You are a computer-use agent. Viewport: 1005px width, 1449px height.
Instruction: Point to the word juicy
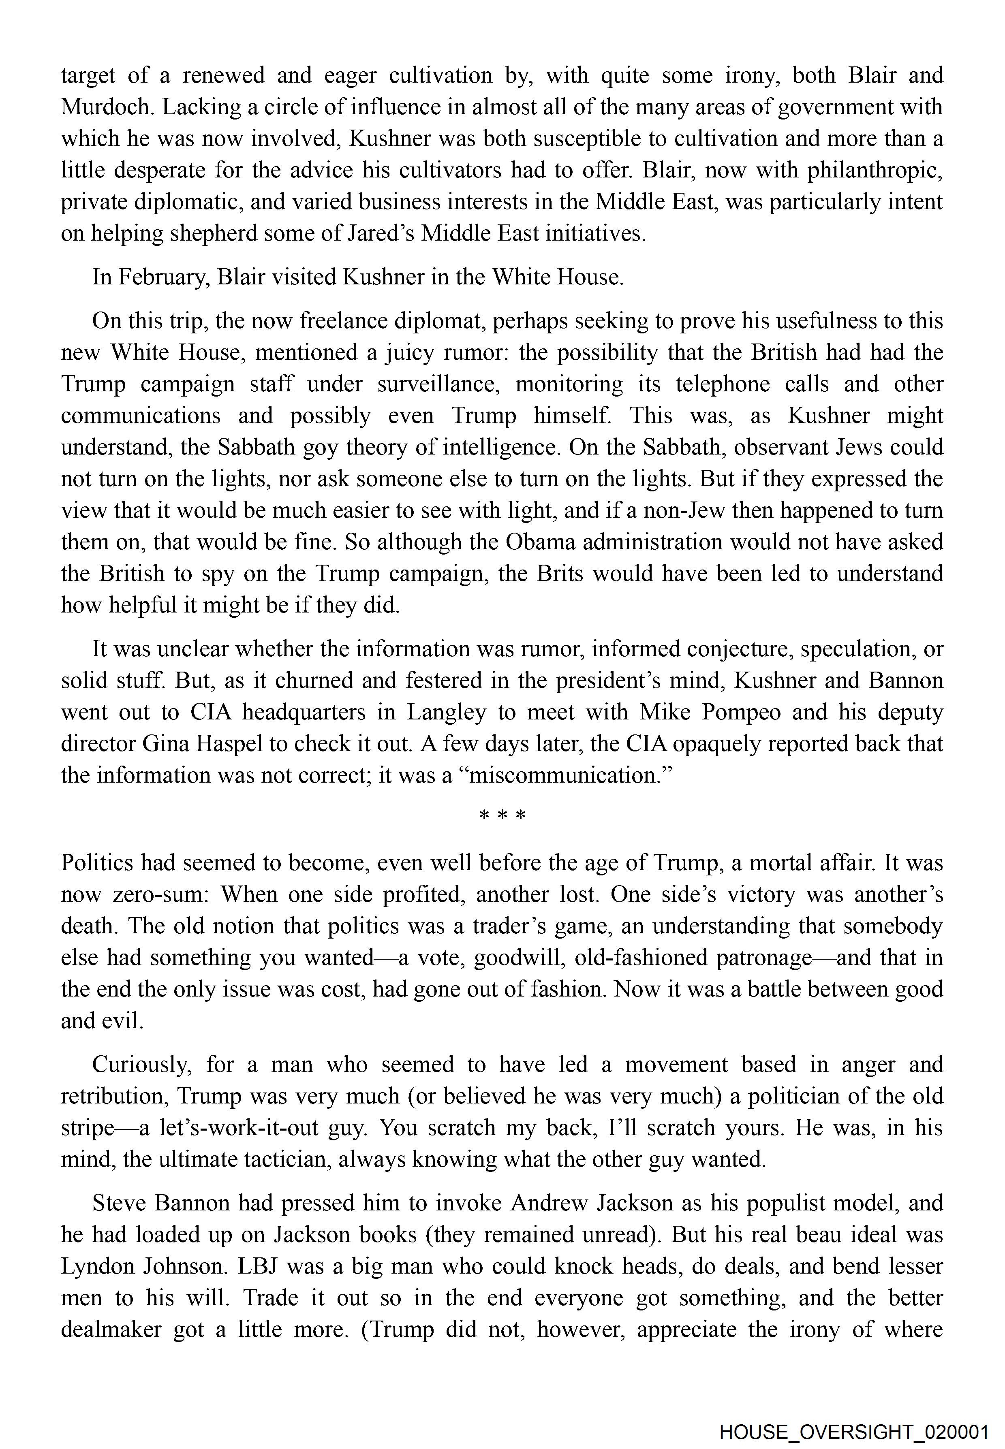[400, 352]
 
